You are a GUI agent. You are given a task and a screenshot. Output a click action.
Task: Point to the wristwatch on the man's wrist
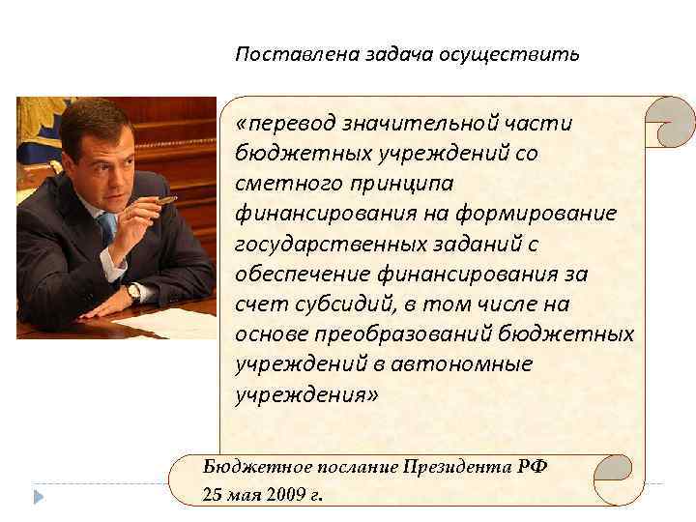pos(133,291)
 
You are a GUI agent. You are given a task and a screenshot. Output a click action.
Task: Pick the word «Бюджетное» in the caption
pos(246,466)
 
